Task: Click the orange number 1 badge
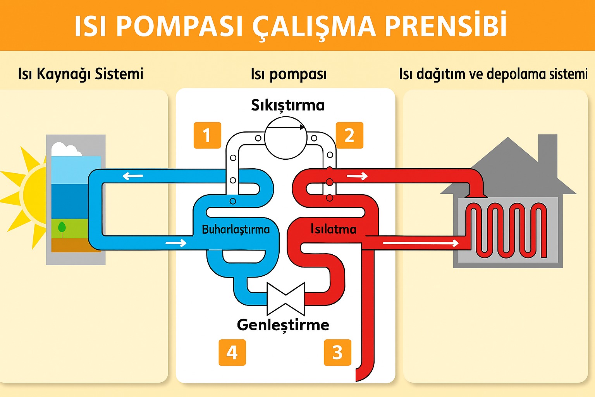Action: [x=207, y=135]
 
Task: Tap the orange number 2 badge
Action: [x=349, y=135]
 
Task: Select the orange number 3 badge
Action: [x=337, y=352]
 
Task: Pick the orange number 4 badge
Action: [x=232, y=352]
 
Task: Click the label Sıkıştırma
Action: [x=288, y=105]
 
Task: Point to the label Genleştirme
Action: [x=283, y=325]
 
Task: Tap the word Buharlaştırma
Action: [x=236, y=230]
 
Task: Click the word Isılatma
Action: [x=333, y=229]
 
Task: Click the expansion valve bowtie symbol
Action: [x=285, y=298]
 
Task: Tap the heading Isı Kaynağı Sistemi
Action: [x=81, y=74]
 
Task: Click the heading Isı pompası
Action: [x=289, y=74]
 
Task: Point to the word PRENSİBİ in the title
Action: [x=445, y=26]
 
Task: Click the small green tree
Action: [x=62, y=228]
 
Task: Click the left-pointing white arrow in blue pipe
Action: [x=133, y=176]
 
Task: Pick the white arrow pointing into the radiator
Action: [x=420, y=243]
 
